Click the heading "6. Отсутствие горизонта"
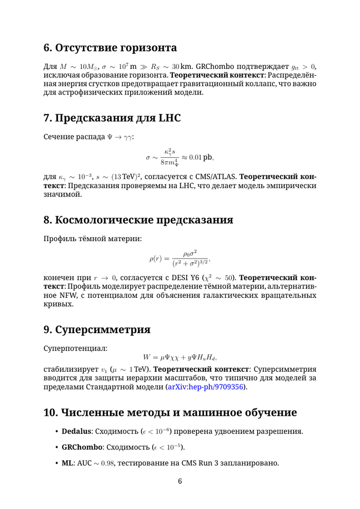[x=110, y=48]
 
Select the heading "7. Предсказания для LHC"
[x=112, y=118]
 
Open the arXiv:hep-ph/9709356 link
[x=207, y=387]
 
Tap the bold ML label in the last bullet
[x=67, y=464]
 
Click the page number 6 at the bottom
[x=180, y=482]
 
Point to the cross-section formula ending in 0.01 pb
[x=179, y=157]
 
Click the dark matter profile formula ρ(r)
[x=179, y=259]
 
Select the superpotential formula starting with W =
[x=179, y=357]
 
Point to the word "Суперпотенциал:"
[x=75, y=348]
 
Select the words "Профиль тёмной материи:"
[x=92, y=239]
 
